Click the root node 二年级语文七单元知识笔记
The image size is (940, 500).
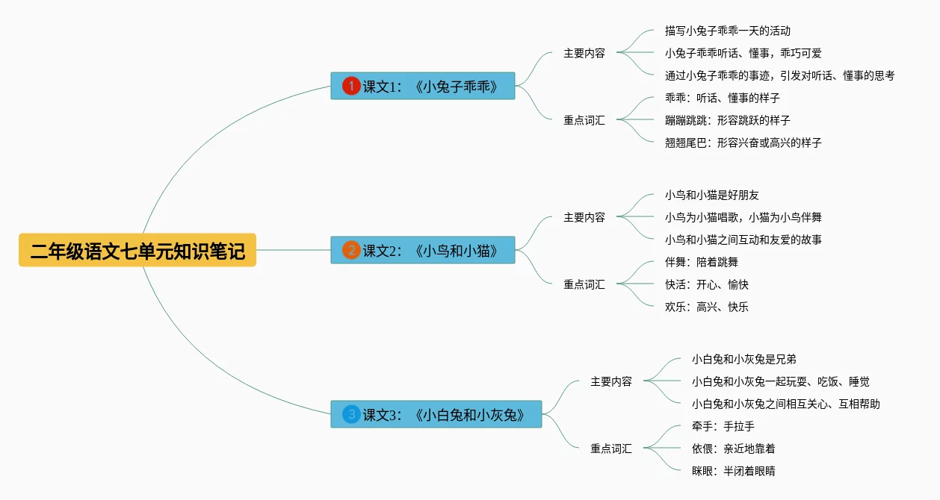click(x=137, y=250)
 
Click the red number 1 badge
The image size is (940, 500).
click(x=351, y=86)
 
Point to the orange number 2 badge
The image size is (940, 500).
click(x=351, y=250)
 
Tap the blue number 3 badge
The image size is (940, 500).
click(x=351, y=414)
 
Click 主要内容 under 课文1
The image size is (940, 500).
click(x=584, y=53)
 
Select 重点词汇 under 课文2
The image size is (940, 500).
click(x=584, y=284)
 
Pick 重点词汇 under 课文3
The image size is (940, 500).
click(x=611, y=449)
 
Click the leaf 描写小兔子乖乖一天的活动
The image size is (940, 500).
click(x=727, y=31)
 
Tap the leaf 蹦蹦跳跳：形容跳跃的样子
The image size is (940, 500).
click(x=727, y=120)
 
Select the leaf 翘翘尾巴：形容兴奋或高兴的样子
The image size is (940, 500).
click(x=743, y=143)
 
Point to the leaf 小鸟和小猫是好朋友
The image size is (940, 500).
click(x=711, y=195)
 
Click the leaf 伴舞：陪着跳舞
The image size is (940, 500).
click(x=701, y=262)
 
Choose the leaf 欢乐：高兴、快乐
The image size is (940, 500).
click(x=706, y=307)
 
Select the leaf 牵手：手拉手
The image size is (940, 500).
click(x=723, y=426)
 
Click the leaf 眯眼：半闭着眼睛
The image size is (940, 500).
click(x=733, y=471)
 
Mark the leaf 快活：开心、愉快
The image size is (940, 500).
click(x=706, y=284)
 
